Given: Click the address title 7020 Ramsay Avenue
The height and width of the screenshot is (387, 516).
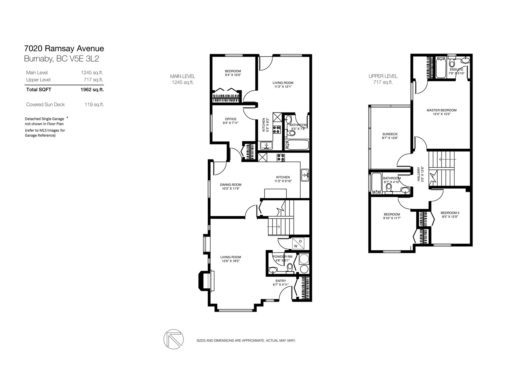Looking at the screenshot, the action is coord(64,48).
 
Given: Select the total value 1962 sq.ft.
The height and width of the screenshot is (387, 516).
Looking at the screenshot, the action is coord(92,90).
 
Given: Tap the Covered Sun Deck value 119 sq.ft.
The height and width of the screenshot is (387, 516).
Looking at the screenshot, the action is coord(94,104).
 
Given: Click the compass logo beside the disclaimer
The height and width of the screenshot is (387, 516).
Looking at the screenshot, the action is coord(174,339).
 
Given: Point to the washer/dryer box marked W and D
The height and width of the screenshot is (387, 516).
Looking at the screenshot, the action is coord(298,243).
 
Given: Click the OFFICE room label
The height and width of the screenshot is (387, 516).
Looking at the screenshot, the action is coord(230,119).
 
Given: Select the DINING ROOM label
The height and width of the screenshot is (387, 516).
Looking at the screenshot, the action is coord(231,185).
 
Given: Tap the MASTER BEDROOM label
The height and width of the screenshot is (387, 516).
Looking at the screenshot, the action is coord(442,110).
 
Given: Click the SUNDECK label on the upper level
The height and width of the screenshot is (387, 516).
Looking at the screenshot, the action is coord(390,134).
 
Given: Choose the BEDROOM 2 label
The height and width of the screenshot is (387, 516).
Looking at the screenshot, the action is coord(450,213).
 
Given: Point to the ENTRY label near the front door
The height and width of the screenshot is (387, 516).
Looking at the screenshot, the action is coord(281,281).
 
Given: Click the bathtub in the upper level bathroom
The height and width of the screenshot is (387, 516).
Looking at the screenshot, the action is coord(377,183).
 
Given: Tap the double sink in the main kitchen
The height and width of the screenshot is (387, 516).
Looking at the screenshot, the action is coord(305,175).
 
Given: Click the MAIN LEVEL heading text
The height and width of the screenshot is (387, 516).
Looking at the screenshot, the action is coord(183,76).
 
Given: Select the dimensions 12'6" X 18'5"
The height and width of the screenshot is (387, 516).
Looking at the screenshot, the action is coord(231,261).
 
